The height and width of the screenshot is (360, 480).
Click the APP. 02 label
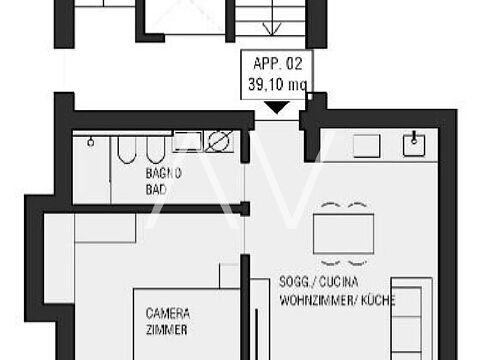[x=278, y=63]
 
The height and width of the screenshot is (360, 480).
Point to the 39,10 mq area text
[x=278, y=84]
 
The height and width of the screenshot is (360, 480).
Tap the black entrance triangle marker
[x=277, y=108]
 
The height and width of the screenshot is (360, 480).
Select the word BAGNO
[x=163, y=173]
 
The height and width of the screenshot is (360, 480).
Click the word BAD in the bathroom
[x=156, y=190]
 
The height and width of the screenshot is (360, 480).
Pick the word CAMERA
[x=168, y=313]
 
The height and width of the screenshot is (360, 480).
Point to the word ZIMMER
[x=166, y=330]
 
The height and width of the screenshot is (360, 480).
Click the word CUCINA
[x=339, y=282]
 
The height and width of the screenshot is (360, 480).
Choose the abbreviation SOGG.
[x=294, y=282]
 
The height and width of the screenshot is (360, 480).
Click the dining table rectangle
[x=343, y=234]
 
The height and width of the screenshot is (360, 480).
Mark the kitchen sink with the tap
[x=414, y=145]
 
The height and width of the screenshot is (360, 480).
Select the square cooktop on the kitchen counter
[x=366, y=146]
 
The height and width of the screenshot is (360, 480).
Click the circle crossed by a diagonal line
[x=219, y=141]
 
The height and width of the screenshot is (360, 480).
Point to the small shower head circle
[x=90, y=142]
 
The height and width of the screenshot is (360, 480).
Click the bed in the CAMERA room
[x=187, y=324]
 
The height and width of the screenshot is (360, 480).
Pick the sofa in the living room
[x=412, y=318]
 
